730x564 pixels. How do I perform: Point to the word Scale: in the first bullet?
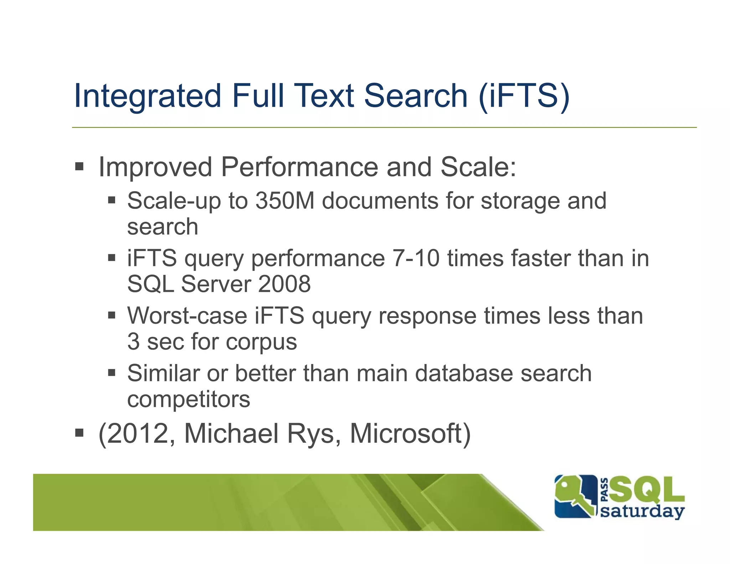pos(478,167)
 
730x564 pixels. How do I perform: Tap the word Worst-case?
pos(187,316)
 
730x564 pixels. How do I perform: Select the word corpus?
pos(261,342)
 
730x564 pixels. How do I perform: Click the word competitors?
pos(189,399)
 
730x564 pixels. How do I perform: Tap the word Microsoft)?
pos(410,434)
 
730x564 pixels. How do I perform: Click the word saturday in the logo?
pos(642,512)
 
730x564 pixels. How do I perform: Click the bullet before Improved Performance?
pos(79,166)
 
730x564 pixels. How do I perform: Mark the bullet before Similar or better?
pos(112,373)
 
